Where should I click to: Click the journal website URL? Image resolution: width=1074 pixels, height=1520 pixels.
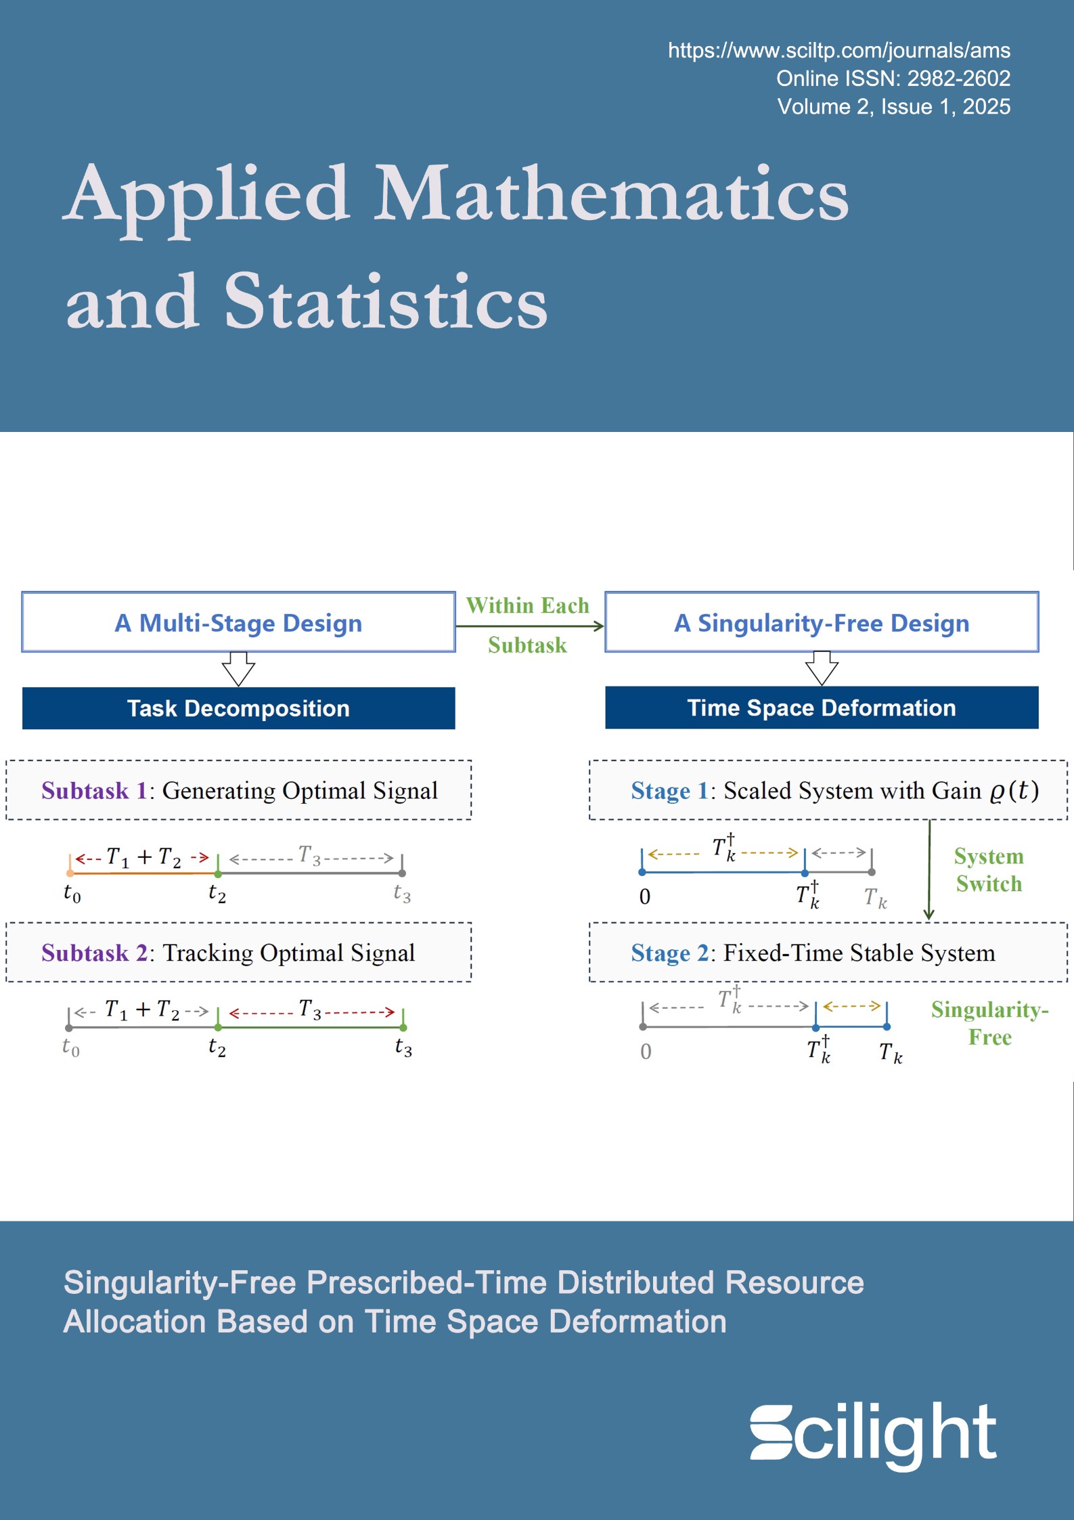pyautogui.click(x=838, y=51)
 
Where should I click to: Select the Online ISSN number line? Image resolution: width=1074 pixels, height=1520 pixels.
pyautogui.click(x=893, y=79)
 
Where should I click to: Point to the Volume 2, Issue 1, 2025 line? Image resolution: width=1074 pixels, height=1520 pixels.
pyautogui.click(x=893, y=107)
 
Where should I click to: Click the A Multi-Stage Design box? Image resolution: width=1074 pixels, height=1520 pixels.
pyautogui.click(x=238, y=623)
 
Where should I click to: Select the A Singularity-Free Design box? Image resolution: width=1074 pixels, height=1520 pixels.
pyautogui.click(x=821, y=623)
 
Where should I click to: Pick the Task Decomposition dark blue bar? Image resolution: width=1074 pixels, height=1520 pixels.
pyautogui.click(x=238, y=708)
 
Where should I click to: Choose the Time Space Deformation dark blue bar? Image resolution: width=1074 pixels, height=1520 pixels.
pyautogui.click(x=821, y=708)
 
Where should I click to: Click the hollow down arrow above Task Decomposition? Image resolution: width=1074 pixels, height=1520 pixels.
pyautogui.click(x=238, y=669)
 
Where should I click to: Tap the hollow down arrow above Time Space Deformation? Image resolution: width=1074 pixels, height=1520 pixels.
pyautogui.click(x=822, y=668)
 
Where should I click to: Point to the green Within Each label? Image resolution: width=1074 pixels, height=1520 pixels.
pyautogui.click(x=527, y=605)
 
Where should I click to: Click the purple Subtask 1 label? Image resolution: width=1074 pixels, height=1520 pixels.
pyautogui.click(x=94, y=791)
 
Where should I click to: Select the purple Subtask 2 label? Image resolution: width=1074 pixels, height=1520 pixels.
pyautogui.click(x=94, y=953)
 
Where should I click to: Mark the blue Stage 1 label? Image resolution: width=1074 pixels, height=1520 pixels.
pyautogui.click(x=669, y=791)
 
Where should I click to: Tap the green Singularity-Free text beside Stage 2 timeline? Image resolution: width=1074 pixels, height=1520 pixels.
pyautogui.click(x=989, y=1023)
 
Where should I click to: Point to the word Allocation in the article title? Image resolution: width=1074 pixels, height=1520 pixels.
pyautogui.click(x=134, y=1322)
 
